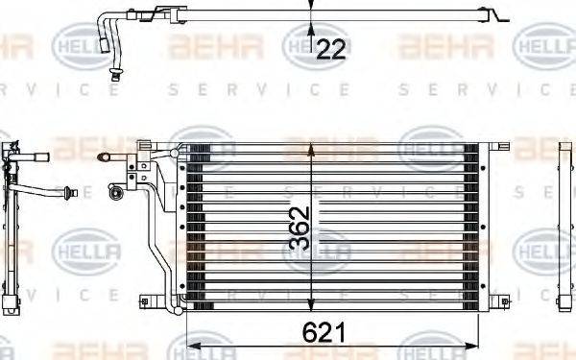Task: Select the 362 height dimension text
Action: pyautogui.click(x=299, y=228)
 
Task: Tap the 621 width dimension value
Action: pyautogui.click(x=324, y=333)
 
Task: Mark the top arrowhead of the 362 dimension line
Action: pyautogui.click(x=310, y=149)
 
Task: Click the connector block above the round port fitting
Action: pyautogui.click(x=126, y=177)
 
